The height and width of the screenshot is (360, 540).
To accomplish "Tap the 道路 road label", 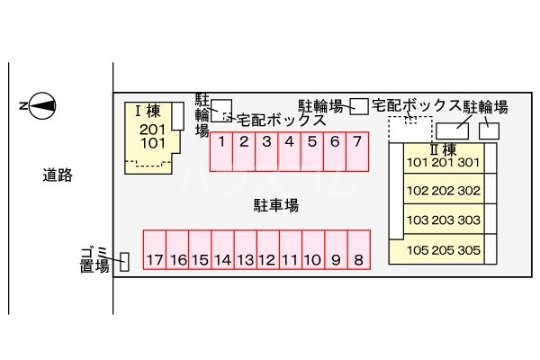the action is pyautogui.click(x=57, y=175).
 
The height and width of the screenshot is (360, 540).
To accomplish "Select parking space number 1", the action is pyautogui.click(x=221, y=141).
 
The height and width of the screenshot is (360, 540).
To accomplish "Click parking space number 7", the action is pyautogui.click(x=357, y=141).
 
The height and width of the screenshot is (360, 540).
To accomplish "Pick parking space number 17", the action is pyautogui.click(x=156, y=260).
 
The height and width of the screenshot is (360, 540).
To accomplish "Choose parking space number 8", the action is pyautogui.click(x=358, y=260).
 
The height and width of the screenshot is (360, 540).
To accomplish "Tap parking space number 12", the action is pyautogui.click(x=266, y=260).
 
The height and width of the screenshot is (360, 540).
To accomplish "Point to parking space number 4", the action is pyautogui.click(x=289, y=141).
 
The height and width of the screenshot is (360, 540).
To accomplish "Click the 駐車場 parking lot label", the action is pyautogui.click(x=275, y=205).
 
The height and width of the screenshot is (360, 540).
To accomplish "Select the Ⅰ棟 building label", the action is pyautogui.click(x=147, y=112).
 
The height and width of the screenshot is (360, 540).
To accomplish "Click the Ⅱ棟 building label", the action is pyautogui.click(x=443, y=148).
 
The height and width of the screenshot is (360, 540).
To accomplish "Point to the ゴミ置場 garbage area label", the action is pyautogui.click(x=94, y=259).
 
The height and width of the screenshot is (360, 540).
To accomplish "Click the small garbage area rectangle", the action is pyautogui.click(x=124, y=262).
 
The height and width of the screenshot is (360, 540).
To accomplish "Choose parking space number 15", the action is pyautogui.click(x=200, y=260).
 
